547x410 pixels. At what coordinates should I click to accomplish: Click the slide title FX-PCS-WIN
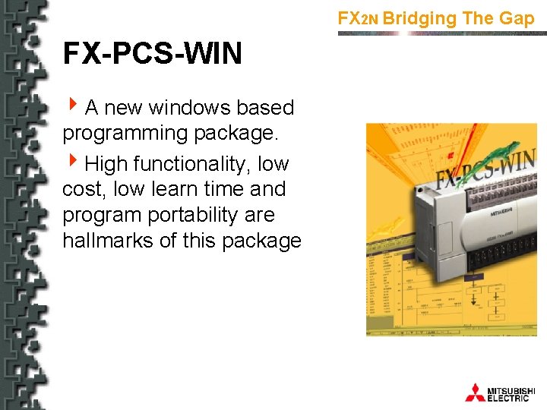152,54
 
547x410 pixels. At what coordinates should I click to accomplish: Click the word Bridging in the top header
420,18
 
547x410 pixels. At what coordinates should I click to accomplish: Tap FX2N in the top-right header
358,18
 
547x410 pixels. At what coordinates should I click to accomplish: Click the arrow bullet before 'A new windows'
72,107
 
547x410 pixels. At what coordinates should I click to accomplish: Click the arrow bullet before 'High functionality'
72,162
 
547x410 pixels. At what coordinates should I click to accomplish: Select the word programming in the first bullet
125,134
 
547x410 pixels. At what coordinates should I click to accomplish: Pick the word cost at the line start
84,189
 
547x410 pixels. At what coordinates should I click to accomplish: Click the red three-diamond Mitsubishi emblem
475,393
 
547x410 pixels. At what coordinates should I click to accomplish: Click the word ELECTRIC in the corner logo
508,398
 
